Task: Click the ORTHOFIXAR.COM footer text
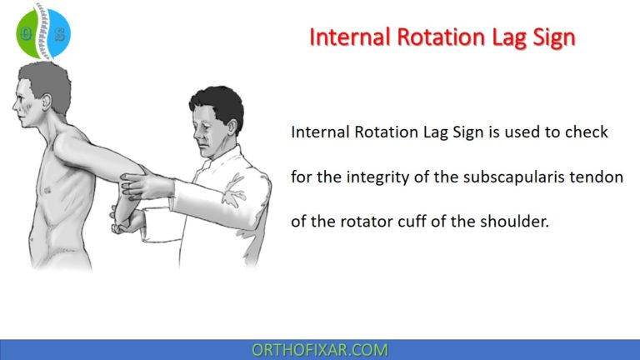point(320,350)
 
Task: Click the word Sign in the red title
point(550,37)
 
